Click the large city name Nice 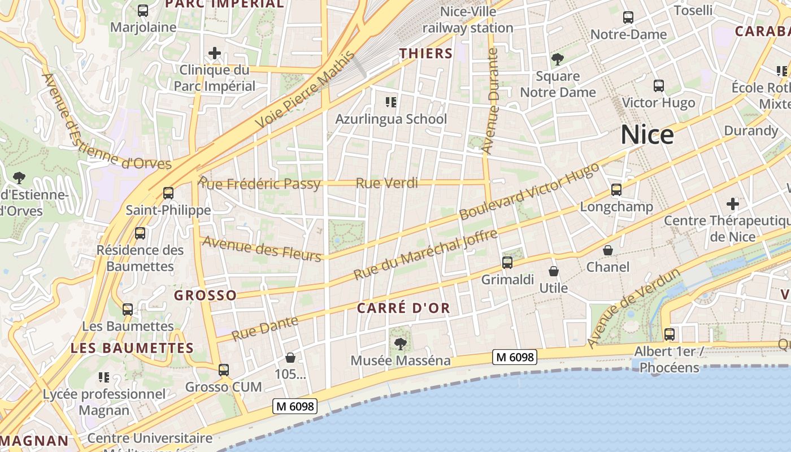[x=647, y=135]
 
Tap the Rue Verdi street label [x=387, y=183]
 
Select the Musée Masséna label [x=401, y=360]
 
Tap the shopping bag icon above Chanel [x=608, y=250]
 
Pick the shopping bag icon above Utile [x=554, y=271]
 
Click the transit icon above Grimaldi [x=507, y=262]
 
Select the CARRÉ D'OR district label [x=403, y=308]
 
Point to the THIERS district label [x=426, y=54]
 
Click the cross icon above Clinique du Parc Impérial [x=215, y=54]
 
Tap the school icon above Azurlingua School [x=391, y=102]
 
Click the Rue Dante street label [x=264, y=328]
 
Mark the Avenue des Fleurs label [x=262, y=249]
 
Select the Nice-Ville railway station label [x=468, y=20]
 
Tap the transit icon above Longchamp [x=616, y=190]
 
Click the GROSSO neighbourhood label [x=205, y=295]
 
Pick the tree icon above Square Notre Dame [x=558, y=59]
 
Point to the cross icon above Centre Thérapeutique [x=733, y=203]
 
